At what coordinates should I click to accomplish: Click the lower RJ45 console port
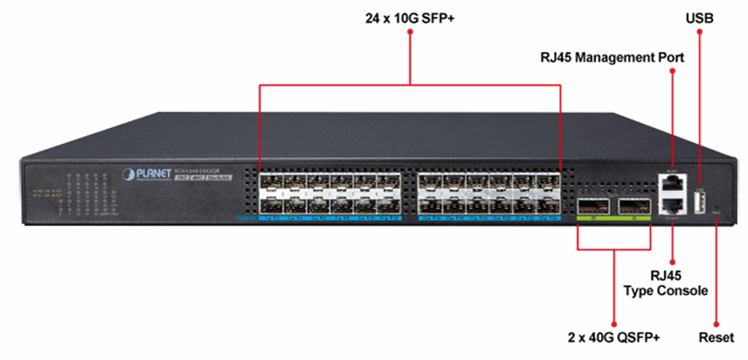[673, 206]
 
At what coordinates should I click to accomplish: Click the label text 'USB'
[699, 15]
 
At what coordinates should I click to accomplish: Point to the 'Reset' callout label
[716, 336]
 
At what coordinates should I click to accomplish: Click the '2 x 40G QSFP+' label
[613, 336]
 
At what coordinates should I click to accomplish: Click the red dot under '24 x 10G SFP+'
[410, 33]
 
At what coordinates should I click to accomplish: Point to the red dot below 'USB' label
[699, 33]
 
